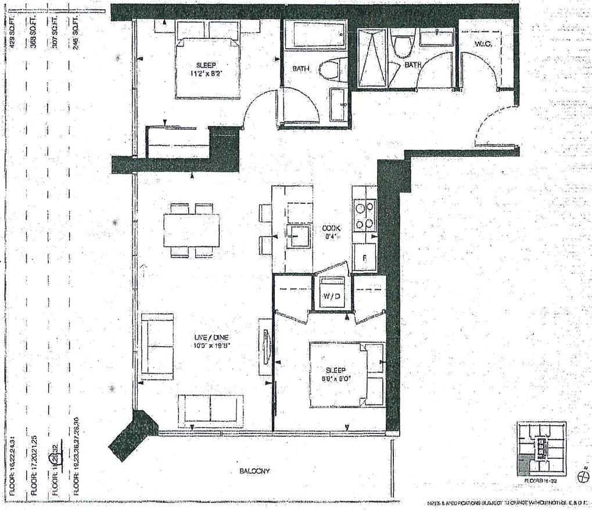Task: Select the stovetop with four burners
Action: tap(364, 216)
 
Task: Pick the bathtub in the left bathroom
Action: tap(316, 36)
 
